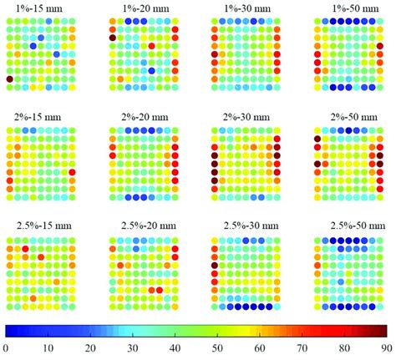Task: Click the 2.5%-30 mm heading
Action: click(242, 226)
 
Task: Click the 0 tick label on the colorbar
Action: click(7, 350)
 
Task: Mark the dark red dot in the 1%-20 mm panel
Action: click(112, 37)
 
